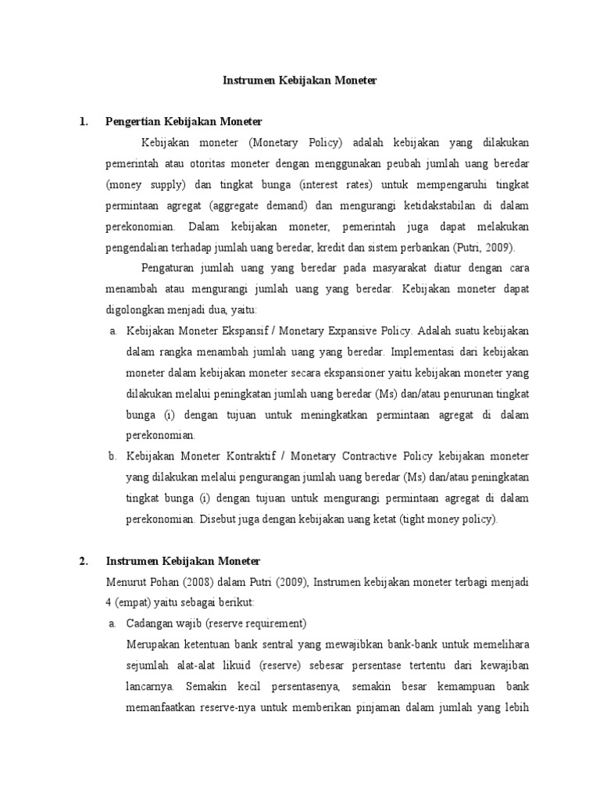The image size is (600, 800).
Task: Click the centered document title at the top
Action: click(300, 80)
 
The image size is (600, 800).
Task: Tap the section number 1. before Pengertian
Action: click(83, 122)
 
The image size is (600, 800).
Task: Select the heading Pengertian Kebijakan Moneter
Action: click(184, 122)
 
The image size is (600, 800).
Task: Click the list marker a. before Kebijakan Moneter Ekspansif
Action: click(113, 331)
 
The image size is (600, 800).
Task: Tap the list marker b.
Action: click(113, 456)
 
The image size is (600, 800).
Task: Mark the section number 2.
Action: click(83, 561)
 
